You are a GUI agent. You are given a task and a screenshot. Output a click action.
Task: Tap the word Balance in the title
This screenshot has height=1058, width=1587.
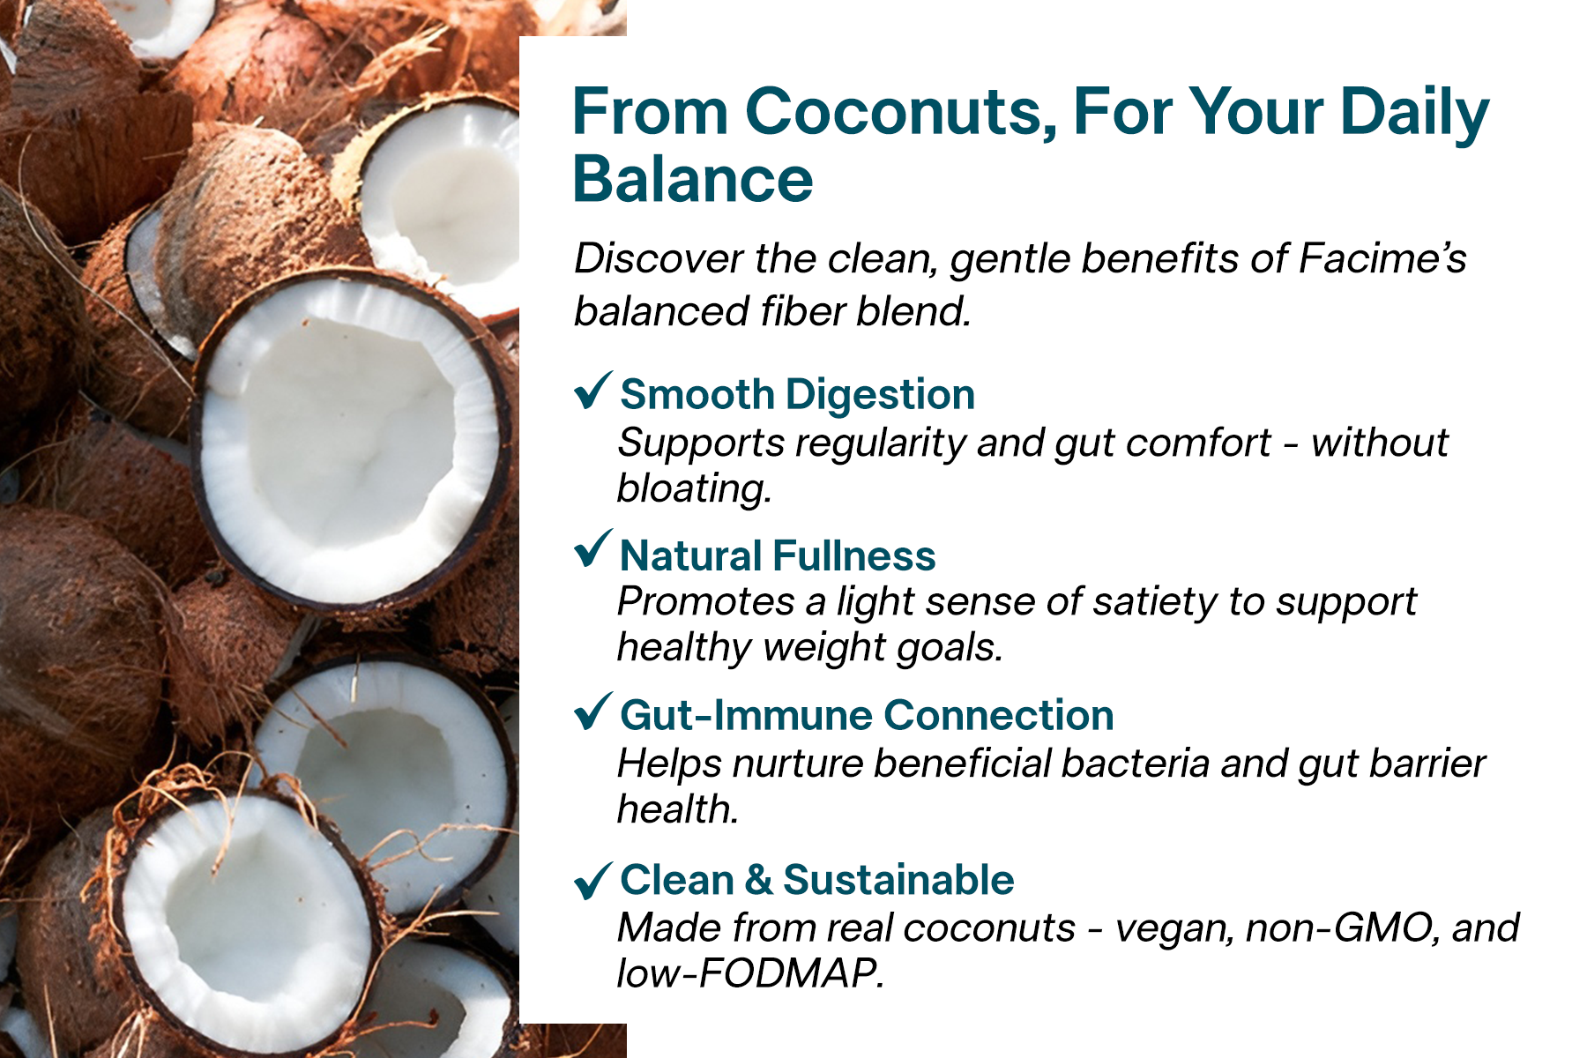coord(693,179)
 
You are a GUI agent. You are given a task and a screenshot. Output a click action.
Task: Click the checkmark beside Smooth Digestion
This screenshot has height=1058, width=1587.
coord(592,391)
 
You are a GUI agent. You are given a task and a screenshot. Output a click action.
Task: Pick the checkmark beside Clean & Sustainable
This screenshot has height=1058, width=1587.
coord(592,879)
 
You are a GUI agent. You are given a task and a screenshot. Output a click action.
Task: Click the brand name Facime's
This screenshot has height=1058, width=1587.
coord(1382,258)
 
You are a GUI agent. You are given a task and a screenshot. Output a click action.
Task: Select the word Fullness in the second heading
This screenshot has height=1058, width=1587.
coord(854,555)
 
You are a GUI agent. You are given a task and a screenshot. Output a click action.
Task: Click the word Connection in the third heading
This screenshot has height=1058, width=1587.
coord(999,715)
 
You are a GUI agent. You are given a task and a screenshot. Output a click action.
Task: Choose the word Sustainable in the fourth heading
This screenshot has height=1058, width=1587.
coord(898,880)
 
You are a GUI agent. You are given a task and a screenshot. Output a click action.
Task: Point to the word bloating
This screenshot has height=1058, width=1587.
coord(694,489)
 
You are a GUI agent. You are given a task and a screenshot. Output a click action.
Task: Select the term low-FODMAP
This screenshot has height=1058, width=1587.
coord(750,973)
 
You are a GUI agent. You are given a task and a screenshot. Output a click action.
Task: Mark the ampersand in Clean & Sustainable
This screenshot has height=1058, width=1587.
coord(758,881)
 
